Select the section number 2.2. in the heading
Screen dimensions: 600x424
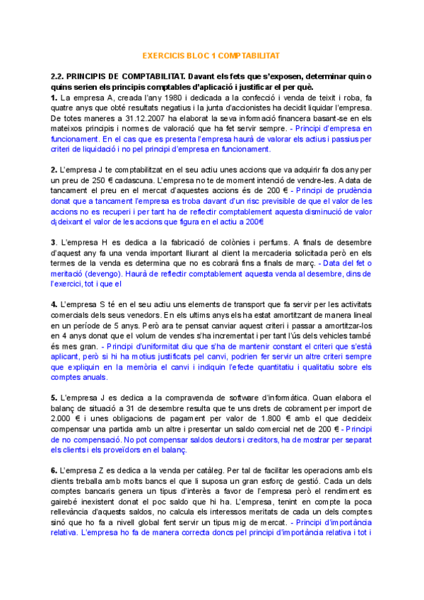point(59,76)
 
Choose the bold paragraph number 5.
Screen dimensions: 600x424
point(53,398)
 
